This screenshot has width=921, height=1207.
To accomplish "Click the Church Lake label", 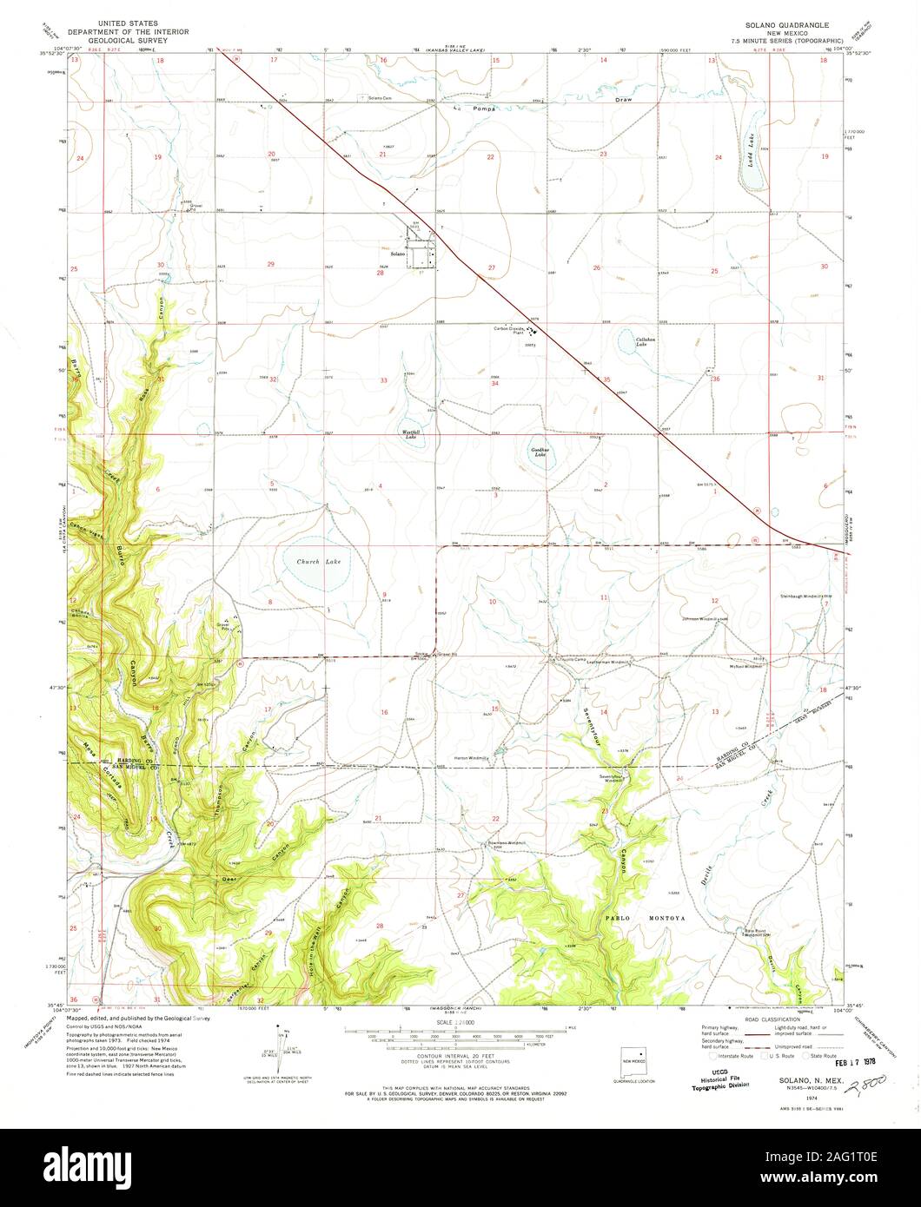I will (x=319, y=563).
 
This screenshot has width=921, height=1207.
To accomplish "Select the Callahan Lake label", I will (x=643, y=341).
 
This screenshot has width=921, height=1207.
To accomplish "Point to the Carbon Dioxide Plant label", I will (x=514, y=328).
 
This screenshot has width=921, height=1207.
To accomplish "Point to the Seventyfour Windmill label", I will (x=611, y=778).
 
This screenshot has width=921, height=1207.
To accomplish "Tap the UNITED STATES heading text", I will (x=123, y=27).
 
